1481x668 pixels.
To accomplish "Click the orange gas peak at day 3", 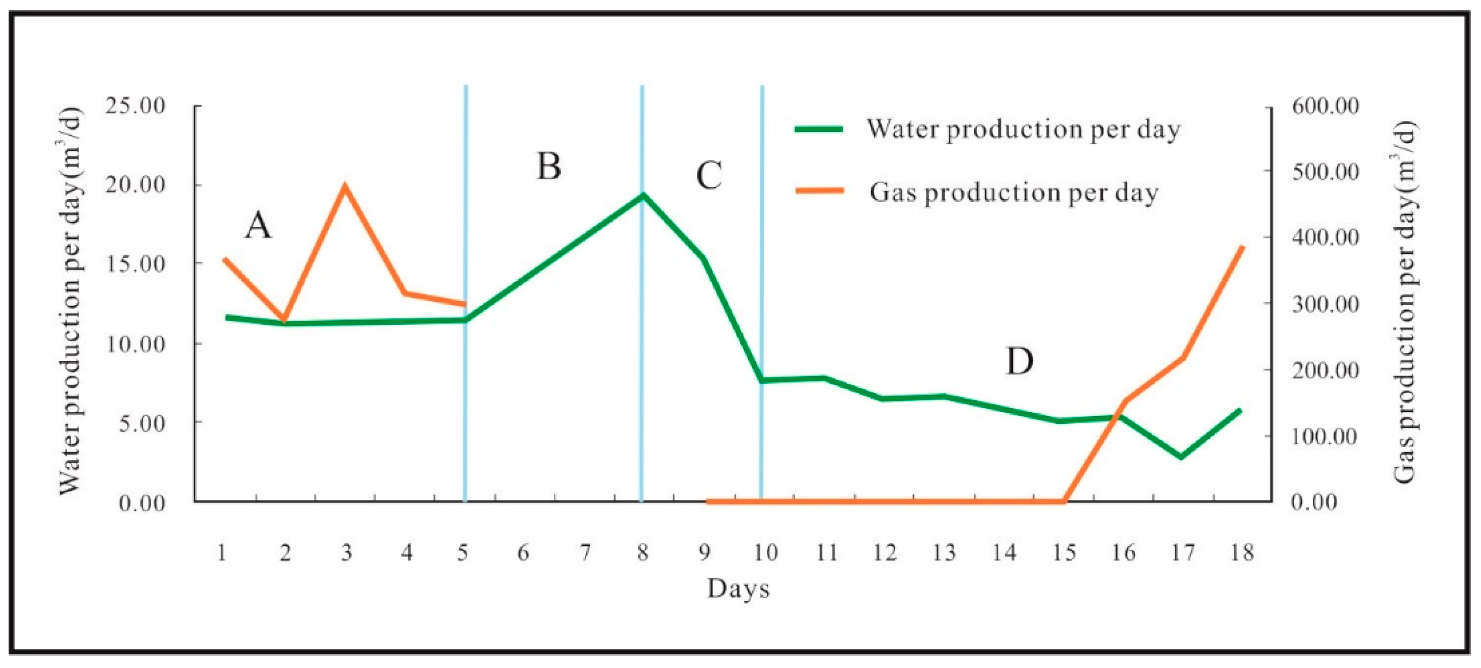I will (x=345, y=186).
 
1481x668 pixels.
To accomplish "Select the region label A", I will (x=258, y=225).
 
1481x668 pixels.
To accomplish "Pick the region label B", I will (x=548, y=167).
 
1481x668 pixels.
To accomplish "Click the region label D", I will (x=1019, y=361).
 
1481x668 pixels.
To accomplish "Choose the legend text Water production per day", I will (x=1023, y=129).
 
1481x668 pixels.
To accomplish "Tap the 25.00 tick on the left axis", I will (x=135, y=106).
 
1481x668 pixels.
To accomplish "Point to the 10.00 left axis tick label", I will (x=135, y=344).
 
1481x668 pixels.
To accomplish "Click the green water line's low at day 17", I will (x=1181, y=457).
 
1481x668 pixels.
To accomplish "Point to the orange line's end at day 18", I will (x=1243, y=247).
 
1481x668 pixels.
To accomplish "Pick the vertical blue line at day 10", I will (x=762, y=288).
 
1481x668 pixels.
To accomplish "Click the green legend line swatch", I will (x=819, y=129).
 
